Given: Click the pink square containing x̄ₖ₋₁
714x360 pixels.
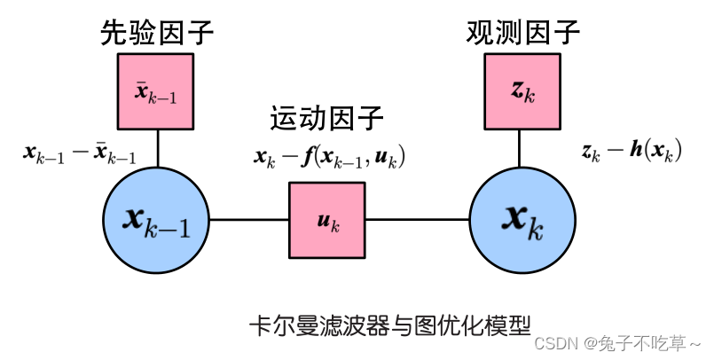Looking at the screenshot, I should pyautogui.click(x=156, y=91).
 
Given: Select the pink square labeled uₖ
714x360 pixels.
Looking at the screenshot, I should pyautogui.click(x=327, y=219).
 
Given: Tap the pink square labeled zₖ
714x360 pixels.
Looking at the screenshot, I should pyautogui.click(x=522, y=90).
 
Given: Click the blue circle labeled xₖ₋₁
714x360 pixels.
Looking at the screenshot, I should pyautogui.click(x=157, y=219).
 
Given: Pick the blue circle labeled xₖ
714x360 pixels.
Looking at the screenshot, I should pyautogui.click(x=522, y=219).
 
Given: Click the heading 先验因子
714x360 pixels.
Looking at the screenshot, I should pyautogui.click(x=157, y=34).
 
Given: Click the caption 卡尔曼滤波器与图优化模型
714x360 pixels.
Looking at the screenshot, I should pyautogui.click(x=391, y=324).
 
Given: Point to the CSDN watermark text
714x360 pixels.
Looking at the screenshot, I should pyautogui.click(x=620, y=342).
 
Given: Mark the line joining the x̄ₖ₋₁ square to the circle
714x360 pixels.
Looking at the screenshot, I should pyautogui.click(x=157, y=148).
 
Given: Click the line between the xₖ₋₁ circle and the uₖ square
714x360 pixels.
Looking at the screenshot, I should pyautogui.click(x=250, y=219).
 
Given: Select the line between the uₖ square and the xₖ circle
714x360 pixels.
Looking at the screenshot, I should pyautogui.click(x=416, y=219).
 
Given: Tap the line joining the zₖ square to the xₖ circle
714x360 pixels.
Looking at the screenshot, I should pyautogui.click(x=522, y=147).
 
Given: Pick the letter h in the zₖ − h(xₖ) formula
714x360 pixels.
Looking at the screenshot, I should pyautogui.click(x=636, y=152).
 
